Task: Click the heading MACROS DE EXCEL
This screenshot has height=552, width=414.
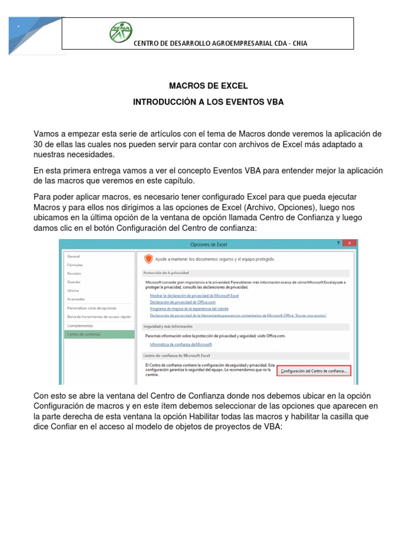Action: coord(209,86)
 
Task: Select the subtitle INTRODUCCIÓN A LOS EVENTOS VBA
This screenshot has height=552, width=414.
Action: coord(209,102)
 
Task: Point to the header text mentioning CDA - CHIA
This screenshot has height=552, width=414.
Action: coord(220,43)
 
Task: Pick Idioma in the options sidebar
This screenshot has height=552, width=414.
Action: coord(73,291)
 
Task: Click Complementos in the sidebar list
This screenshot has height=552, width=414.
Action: coord(80,326)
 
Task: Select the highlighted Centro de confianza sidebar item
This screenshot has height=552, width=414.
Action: coord(84,334)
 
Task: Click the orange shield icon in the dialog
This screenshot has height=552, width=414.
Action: coord(149,259)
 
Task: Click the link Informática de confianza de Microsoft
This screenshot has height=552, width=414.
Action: coord(181,344)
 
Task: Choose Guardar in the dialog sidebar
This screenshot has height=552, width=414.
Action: coord(74,282)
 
